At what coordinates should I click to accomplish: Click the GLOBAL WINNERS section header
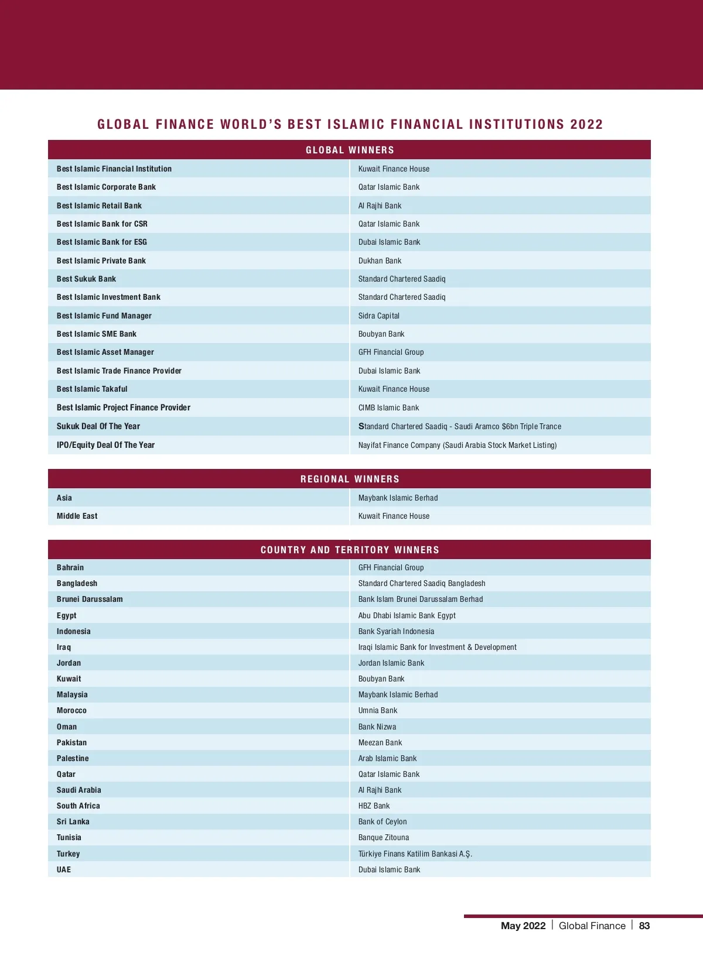click(x=350, y=150)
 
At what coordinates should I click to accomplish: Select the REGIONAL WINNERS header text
click(x=350, y=479)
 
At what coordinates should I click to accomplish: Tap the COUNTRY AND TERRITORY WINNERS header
click(x=350, y=550)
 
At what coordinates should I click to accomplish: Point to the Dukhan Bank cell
click(x=380, y=261)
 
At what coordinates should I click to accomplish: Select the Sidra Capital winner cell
click(x=378, y=316)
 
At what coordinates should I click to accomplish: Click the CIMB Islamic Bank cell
click(x=388, y=407)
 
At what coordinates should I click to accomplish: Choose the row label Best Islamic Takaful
click(x=92, y=389)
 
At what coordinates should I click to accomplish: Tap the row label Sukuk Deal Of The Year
click(x=98, y=426)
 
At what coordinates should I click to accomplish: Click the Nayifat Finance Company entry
click(x=457, y=445)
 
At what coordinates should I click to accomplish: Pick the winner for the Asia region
click(x=398, y=498)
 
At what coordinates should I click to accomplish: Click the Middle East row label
click(x=77, y=516)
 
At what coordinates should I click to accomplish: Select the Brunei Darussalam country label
click(x=90, y=599)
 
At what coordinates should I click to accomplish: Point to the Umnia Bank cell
click(x=377, y=710)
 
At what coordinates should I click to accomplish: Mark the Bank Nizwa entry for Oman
click(x=377, y=727)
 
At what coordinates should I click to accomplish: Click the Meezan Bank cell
click(x=380, y=742)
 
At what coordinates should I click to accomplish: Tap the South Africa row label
click(x=78, y=806)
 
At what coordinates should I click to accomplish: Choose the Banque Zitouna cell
click(x=383, y=837)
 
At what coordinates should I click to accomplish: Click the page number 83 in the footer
click(x=644, y=926)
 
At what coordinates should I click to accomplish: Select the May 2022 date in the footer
click(x=523, y=926)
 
